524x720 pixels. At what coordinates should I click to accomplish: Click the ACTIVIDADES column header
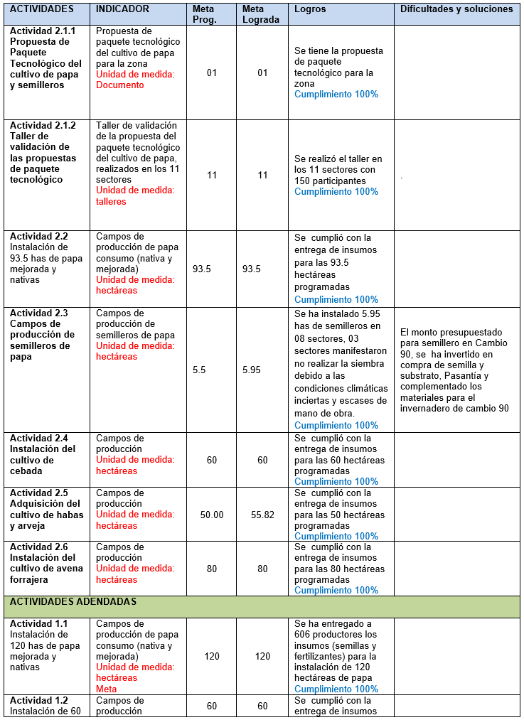coord(42,9)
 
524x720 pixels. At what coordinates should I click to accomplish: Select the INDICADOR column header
coord(122,9)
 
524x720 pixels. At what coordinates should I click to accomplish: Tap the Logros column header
coord(310,9)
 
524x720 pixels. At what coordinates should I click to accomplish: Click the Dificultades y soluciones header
coord(456,9)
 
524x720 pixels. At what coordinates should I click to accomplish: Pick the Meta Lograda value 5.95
coord(252,370)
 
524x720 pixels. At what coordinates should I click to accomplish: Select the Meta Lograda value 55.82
coord(262,515)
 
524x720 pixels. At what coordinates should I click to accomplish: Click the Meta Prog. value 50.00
coord(212,515)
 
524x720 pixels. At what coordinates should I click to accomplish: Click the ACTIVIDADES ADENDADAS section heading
coord(73,601)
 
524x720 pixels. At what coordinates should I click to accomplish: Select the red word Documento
coord(120,85)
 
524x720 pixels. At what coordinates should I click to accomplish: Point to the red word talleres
coord(111,201)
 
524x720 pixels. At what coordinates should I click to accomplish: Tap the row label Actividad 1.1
coord(39,624)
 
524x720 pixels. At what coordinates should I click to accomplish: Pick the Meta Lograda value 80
coord(262,569)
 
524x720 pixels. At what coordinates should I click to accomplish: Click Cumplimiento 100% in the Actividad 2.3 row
coord(336,425)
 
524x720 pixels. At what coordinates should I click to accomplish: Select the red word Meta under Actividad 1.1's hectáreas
coord(107,689)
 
